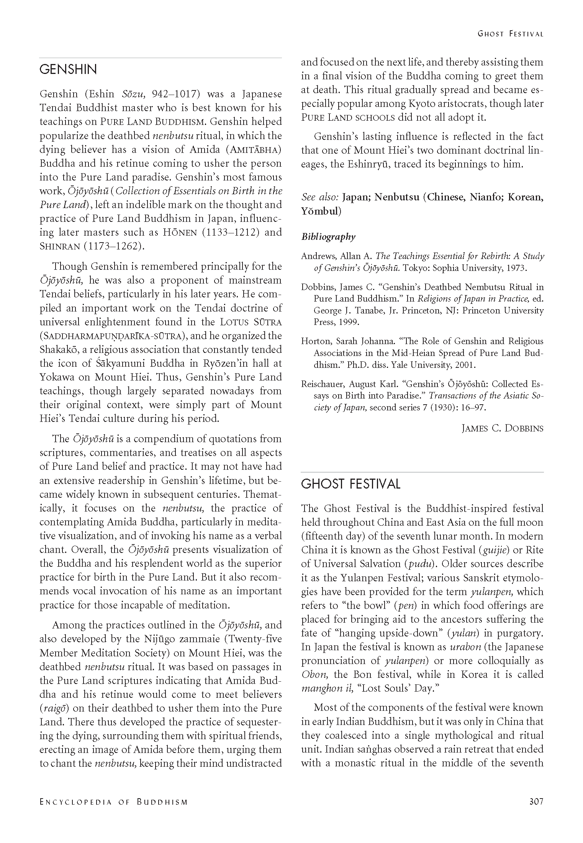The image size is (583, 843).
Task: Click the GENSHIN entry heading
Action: point(68,70)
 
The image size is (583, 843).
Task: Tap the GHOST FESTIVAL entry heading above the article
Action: point(350,484)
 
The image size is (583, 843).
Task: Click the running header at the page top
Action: point(510,34)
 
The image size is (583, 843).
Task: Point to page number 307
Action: point(536,801)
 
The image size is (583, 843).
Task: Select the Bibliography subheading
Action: point(328,237)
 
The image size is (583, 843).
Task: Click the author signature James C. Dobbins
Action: point(502,428)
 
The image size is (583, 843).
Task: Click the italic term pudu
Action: point(418,564)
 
